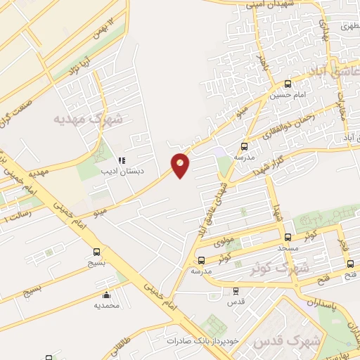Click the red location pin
point(181,165)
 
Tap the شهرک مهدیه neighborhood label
point(88,119)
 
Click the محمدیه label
point(106,306)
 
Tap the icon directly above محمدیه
point(106,295)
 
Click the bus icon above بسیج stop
point(96,252)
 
